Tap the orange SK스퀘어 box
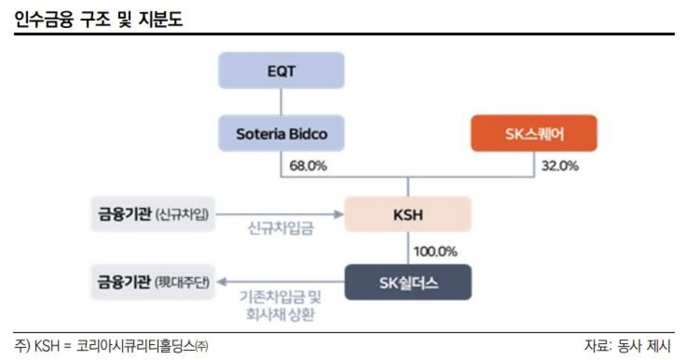[533, 133]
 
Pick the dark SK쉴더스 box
[408, 282]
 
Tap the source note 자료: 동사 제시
[627, 345]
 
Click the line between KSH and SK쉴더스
[408, 248]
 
